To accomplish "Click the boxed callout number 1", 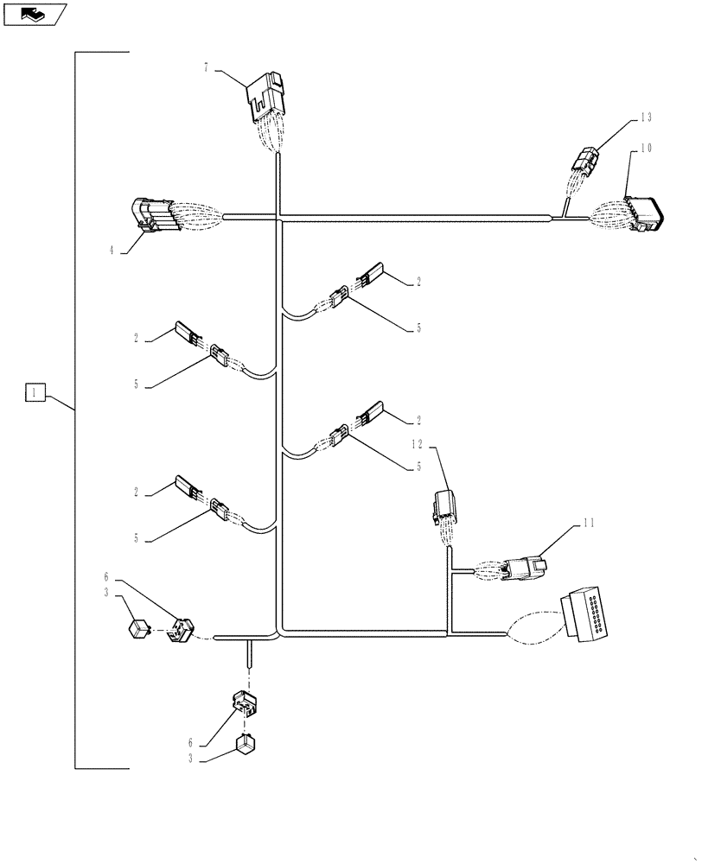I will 34,393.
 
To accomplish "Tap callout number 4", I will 112,251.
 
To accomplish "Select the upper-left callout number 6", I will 106,577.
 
